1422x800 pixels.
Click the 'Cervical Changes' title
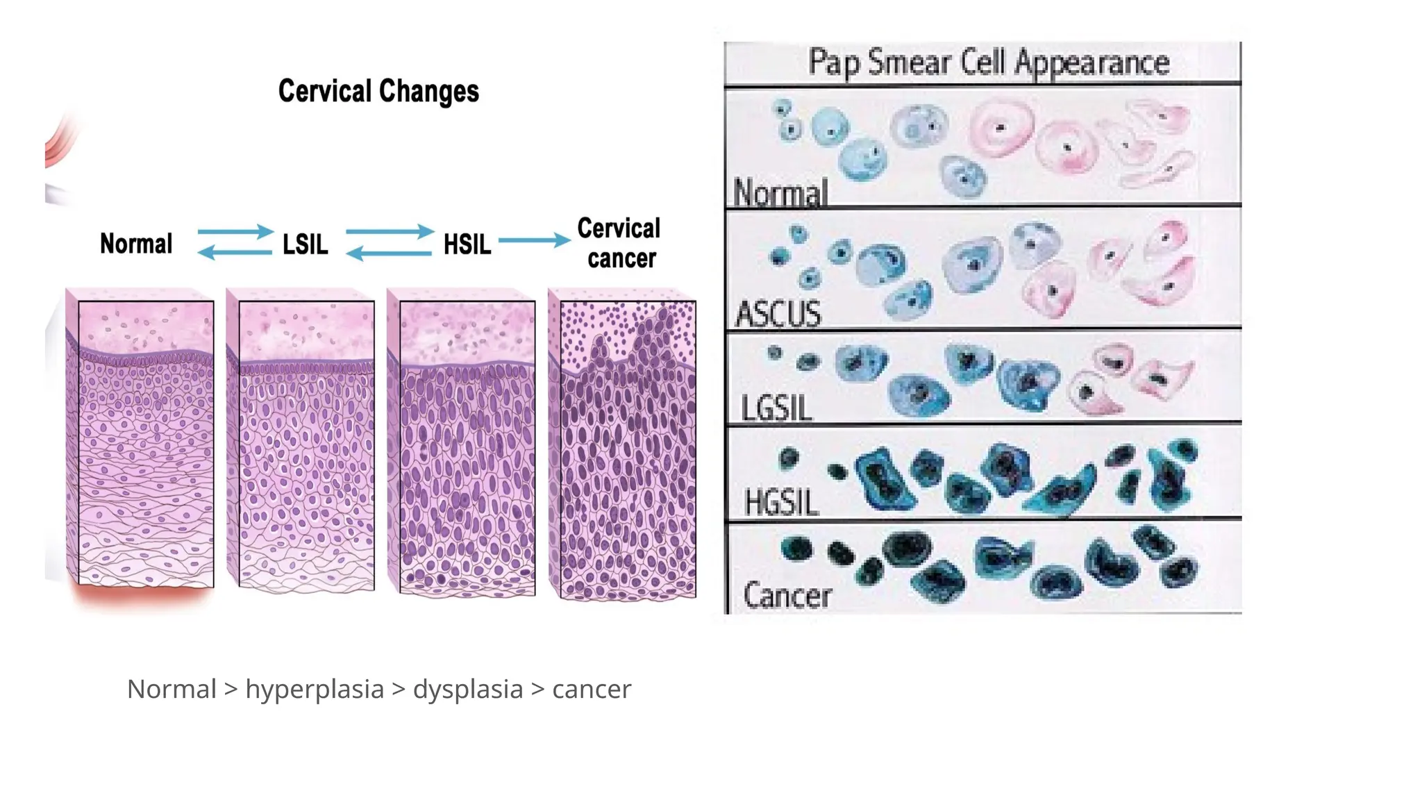378,91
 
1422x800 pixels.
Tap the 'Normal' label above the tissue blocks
136,244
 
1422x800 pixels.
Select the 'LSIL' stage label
305,244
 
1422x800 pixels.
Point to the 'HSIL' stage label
467,244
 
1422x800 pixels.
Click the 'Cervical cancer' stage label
619,243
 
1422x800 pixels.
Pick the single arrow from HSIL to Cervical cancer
534,240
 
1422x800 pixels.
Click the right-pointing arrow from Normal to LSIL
235,231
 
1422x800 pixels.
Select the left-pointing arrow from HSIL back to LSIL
388,253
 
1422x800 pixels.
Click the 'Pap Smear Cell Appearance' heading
988,62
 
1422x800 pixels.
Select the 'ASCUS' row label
778,314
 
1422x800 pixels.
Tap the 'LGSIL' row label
776,408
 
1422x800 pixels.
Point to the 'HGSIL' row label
781,502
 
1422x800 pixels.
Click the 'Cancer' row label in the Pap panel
787,595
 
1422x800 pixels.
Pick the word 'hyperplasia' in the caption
315,690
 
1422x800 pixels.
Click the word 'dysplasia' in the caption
468,690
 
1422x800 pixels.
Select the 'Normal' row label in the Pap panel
780,192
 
